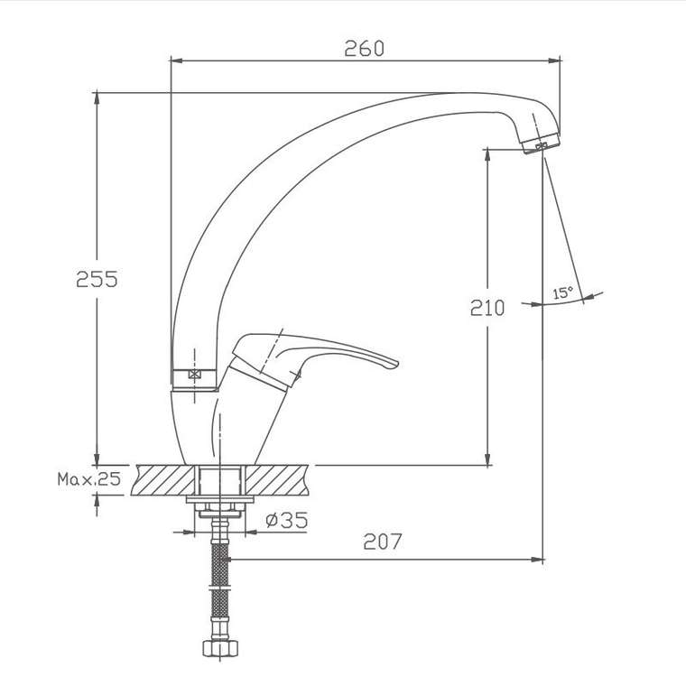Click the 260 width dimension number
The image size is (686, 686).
click(x=364, y=48)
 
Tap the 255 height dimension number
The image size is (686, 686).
click(x=97, y=279)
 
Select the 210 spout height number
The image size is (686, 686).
click(x=487, y=308)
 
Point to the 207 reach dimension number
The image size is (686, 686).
click(x=382, y=542)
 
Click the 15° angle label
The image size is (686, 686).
click(x=562, y=292)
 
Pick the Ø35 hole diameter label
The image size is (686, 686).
click(x=286, y=520)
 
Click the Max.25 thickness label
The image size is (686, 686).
click(x=88, y=479)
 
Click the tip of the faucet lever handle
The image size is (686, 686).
click(x=396, y=364)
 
